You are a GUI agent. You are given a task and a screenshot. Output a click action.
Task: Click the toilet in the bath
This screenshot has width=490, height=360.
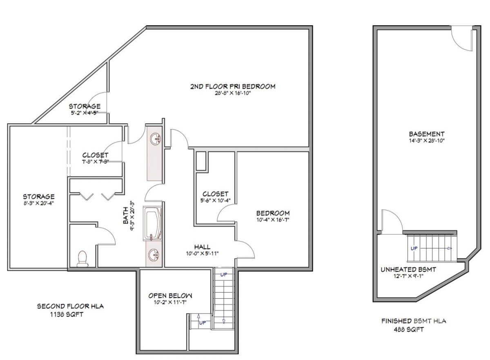click(x=82, y=259)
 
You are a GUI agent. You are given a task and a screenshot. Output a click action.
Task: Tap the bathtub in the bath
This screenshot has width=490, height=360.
click(x=152, y=224)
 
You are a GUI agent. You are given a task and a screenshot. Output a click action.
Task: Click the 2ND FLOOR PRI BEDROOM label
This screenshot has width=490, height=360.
click(x=233, y=87)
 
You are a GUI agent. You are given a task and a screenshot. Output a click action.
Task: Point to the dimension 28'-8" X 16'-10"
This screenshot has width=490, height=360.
click(x=233, y=93)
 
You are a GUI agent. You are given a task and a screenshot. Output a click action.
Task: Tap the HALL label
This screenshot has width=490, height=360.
click(x=203, y=247)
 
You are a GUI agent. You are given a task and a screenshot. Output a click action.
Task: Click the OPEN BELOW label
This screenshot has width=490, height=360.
click(x=170, y=296)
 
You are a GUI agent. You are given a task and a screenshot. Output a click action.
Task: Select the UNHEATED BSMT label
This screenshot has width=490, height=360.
click(x=408, y=270)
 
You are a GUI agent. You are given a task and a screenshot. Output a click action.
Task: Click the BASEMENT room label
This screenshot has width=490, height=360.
click(x=427, y=134)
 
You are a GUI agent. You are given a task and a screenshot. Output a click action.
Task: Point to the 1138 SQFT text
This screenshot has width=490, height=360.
click(x=67, y=315)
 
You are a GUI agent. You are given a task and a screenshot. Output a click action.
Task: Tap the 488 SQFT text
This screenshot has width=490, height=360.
click(x=409, y=329)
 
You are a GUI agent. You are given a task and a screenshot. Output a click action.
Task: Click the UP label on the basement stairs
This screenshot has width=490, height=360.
click(x=414, y=249)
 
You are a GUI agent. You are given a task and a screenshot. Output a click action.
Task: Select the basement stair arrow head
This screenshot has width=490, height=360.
click(x=450, y=248)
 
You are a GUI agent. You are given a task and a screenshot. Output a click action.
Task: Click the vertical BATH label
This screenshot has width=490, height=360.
click(x=126, y=216)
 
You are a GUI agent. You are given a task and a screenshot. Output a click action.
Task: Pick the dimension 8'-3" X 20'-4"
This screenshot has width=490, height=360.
click(x=39, y=203)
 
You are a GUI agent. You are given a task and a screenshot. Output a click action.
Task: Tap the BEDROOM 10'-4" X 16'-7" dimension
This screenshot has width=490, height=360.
click(x=273, y=220)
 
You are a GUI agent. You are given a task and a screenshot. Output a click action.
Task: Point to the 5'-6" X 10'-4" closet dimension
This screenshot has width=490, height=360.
click(x=216, y=200)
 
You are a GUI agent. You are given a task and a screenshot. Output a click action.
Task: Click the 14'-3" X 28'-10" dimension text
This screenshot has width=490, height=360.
click(x=427, y=141)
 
